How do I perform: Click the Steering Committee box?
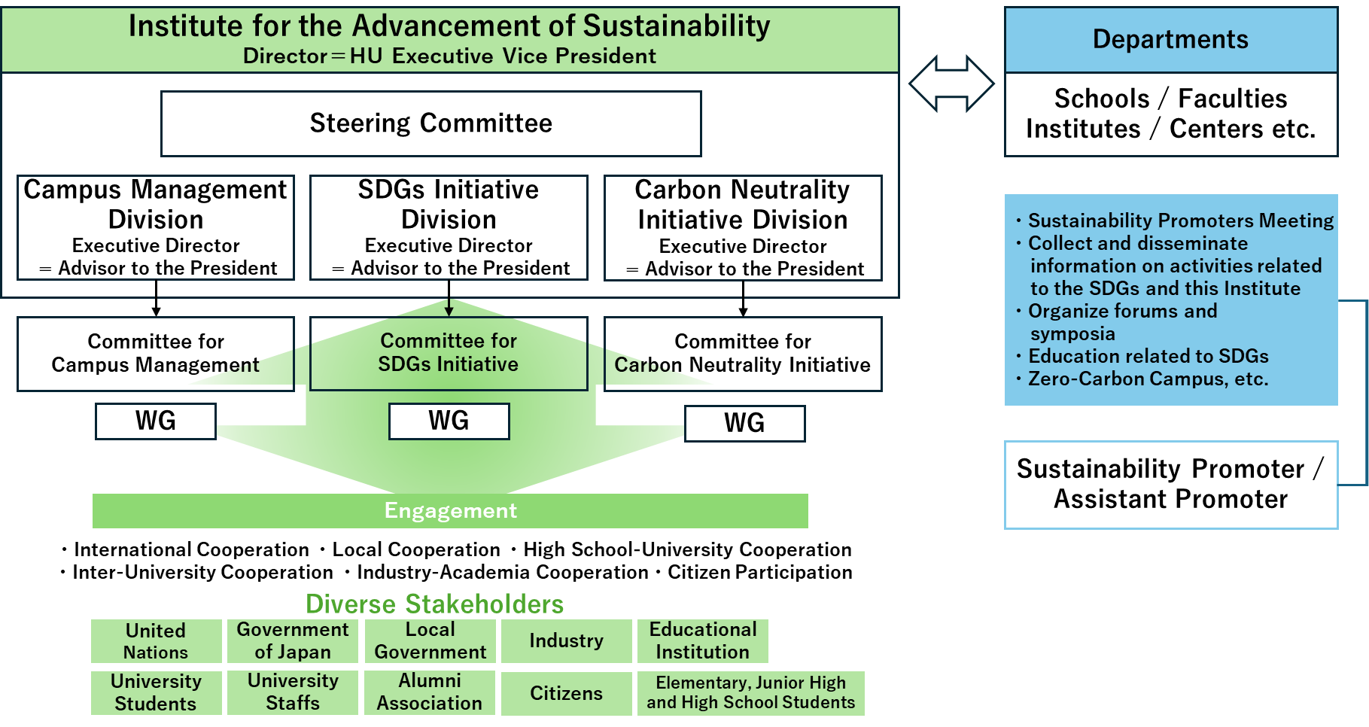tap(430, 123)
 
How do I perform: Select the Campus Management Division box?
tap(156, 227)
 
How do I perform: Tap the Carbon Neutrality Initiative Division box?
tap(743, 228)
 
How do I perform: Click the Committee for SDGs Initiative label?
tap(449, 352)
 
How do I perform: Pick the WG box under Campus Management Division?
tap(156, 421)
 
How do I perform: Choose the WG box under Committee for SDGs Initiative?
tap(449, 421)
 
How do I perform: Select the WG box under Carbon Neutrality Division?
tap(744, 423)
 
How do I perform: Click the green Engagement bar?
tap(450, 511)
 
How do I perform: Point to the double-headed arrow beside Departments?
tap(952, 84)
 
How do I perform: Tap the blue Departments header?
tap(1170, 40)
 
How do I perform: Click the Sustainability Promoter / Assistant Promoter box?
tap(1170, 485)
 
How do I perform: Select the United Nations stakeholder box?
tap(156, 641)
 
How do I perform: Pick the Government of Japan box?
tap(293, 641)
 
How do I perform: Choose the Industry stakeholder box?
tap(566, 641)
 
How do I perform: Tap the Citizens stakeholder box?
tap(566, 693)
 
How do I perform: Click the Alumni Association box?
tap(430, 692)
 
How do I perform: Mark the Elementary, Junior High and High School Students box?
tap(750, 693)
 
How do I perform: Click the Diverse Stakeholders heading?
tap(434, 604)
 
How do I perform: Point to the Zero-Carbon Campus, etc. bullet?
tap(1148, 379)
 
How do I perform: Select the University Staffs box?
tap(293, 692)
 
